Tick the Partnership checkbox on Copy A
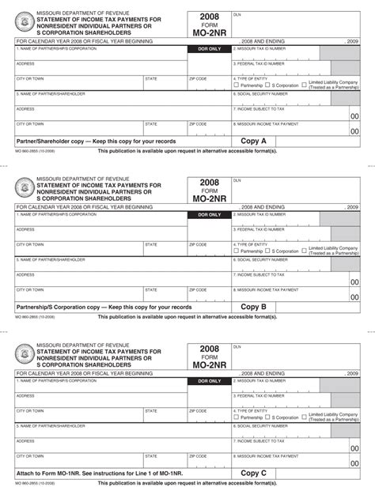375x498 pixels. pos(236,85)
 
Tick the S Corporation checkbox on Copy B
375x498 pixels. pos(268,251)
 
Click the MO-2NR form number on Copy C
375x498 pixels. pos(209,366)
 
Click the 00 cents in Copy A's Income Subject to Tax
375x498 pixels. pos(354,116)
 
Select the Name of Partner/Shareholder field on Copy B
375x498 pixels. pos(119,265)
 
